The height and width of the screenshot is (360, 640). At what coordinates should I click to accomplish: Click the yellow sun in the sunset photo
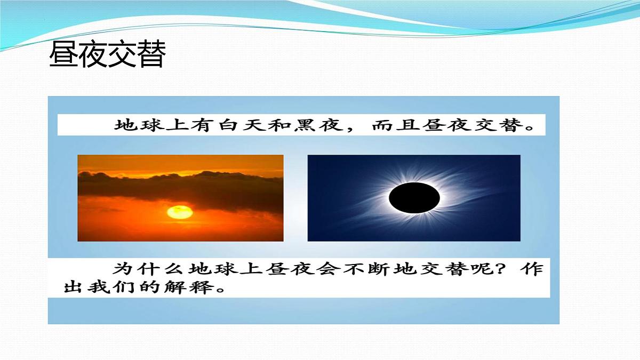point(180,212)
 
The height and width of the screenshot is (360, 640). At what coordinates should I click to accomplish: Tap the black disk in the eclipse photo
point(414,198)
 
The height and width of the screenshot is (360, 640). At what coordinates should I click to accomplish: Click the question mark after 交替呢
point(506,269)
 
